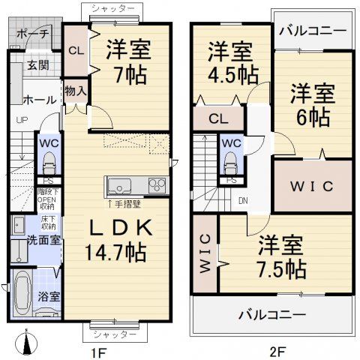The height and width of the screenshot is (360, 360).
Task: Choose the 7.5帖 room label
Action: (281, 256)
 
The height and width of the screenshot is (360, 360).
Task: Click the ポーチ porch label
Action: (32, 34)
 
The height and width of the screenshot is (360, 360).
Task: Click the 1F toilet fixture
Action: (49, 163)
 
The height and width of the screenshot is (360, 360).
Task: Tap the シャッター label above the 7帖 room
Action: (113, 7)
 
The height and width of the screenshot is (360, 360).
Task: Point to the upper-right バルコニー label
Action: (313, 31)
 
